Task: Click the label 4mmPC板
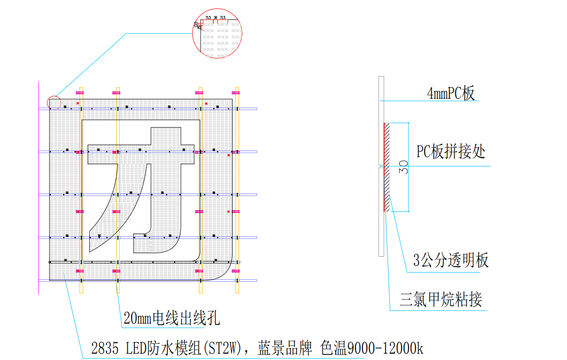pyautogui.click(x=451, y=94)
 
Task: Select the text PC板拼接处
pyautogui.click(x=451, y=152)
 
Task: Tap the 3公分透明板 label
pyautogui.click(x=451, y=261)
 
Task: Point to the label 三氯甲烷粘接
pyautogui.click(x=441, y=300)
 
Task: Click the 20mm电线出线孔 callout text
pyautogui.click(x=172, y=318)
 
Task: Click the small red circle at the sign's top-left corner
pyautogui.click(x=54, y=102)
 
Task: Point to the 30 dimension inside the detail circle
pyautogui.click(x=216, y=18)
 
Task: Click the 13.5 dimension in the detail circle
pyautogui.click(x=196, y=24)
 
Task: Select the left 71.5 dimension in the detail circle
pyautogui.click(x=208, y=18)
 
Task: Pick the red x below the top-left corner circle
pyautogui.click(x=78, y=103)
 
